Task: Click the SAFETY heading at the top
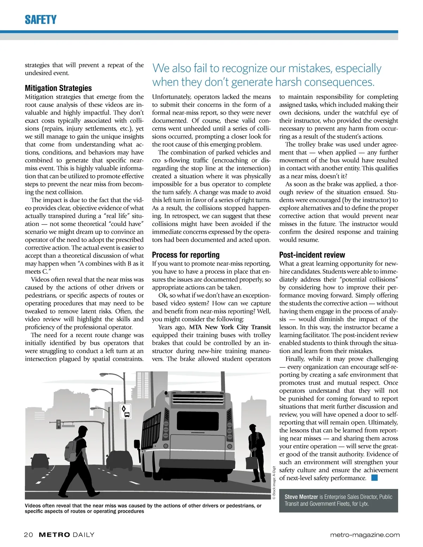coord(41,20)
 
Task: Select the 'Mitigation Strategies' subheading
coord(58,88)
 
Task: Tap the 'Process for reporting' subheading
coord(186,255)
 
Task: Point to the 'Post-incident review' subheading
coord(312,255)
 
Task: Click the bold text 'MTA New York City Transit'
coord(230,327)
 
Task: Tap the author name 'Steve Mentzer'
coord(301,497)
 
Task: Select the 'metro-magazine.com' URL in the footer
coord(365,535)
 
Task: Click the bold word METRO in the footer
coord(54,535)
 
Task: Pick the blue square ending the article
coord(374,478)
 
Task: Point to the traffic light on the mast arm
coord(59,424)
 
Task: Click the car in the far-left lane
coord(40,462)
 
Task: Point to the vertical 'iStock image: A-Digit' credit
coord(274,483)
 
